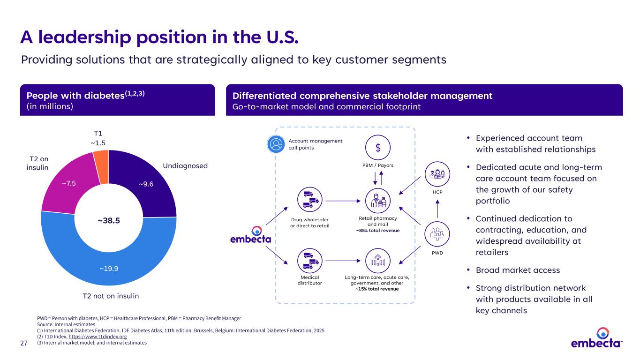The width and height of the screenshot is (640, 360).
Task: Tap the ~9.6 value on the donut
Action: coord(146,184)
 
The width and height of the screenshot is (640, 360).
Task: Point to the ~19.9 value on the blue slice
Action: coord(108,269)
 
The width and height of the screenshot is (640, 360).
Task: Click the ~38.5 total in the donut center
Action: coord(108,220)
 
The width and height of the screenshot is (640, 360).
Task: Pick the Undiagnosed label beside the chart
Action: coord(185,166)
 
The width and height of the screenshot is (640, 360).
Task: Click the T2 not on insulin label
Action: coord(111,296)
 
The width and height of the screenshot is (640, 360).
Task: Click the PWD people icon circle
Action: coord(437,233)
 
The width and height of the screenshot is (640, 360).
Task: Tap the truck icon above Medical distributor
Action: coord(310,261)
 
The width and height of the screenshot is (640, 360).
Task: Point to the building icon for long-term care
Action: coord(378,261)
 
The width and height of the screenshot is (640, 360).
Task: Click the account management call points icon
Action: coord(276,144)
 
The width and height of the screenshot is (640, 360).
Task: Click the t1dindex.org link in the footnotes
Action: coord(98,337)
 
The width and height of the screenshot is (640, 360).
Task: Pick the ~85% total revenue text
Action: coord(377,230)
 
